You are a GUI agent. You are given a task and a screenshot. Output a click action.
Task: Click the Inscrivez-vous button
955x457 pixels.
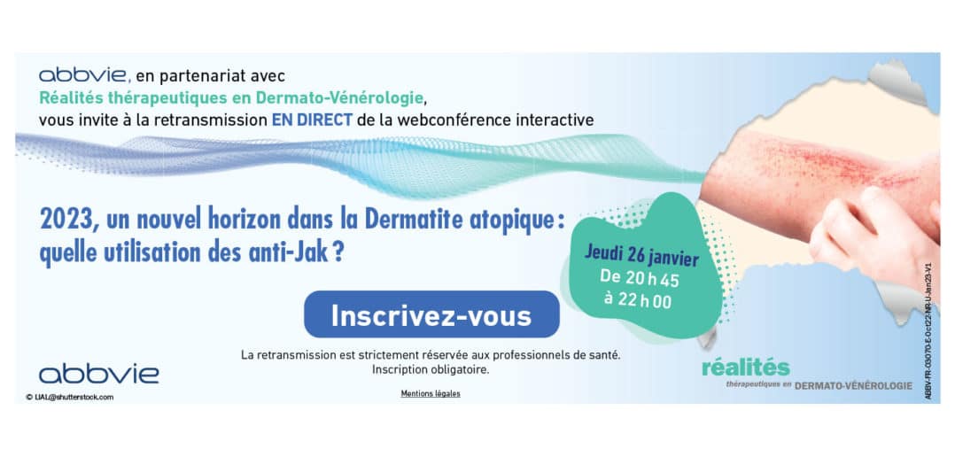431,314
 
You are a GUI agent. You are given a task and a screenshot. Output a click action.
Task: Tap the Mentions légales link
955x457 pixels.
431,394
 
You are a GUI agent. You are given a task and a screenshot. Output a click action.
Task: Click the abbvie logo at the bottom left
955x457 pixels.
99,374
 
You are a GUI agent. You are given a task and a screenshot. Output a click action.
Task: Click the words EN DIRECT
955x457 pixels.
312,120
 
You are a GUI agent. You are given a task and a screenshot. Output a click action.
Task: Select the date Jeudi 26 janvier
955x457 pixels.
642,255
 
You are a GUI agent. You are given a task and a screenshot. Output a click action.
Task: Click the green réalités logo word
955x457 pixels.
746,368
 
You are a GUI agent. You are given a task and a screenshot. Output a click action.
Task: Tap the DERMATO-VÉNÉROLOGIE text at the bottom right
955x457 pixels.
853,386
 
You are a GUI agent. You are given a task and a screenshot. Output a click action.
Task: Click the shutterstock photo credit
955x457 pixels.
69,398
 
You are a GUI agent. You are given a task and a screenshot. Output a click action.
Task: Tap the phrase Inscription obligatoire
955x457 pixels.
431,369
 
